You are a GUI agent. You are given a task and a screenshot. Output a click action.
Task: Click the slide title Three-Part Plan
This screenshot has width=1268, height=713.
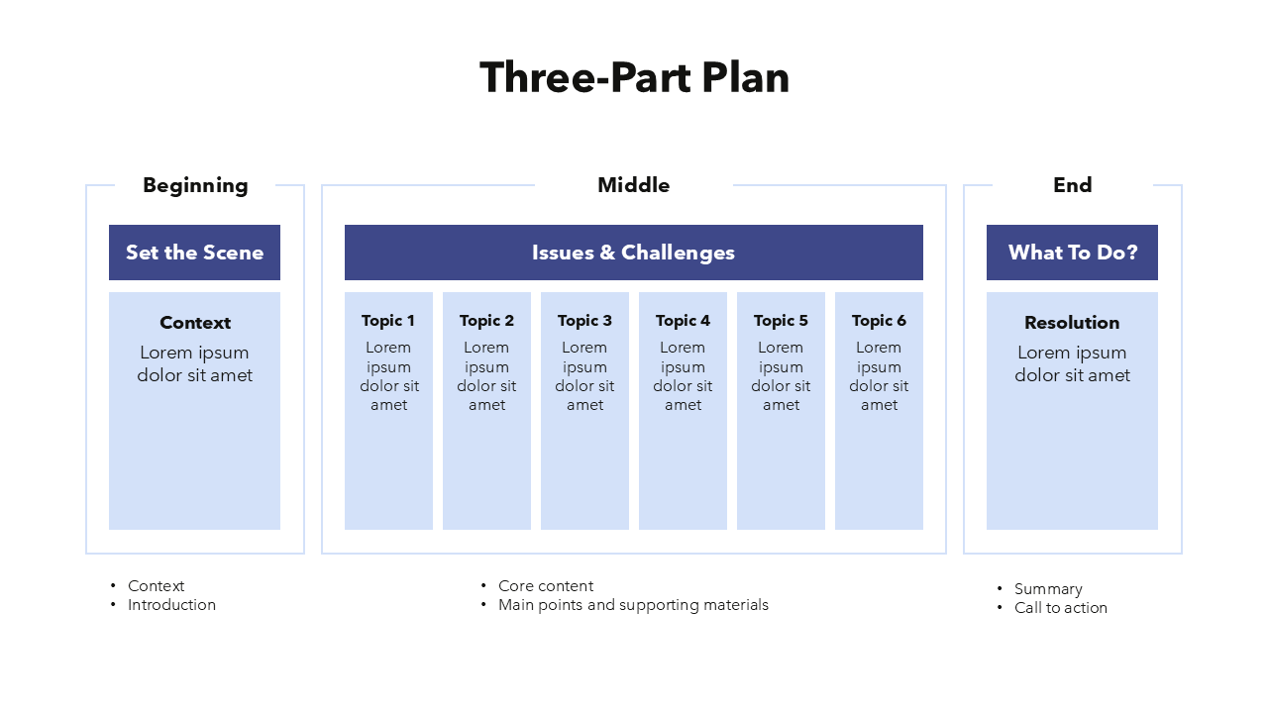[634, 78]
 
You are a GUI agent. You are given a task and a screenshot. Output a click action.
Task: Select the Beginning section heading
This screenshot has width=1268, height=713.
[195, 185]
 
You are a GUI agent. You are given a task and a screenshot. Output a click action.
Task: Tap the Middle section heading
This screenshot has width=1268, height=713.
[633, 185]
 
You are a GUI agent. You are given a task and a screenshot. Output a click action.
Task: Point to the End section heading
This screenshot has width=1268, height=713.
[1072, 185]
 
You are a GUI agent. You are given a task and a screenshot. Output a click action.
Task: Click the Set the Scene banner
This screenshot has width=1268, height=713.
[194, 253]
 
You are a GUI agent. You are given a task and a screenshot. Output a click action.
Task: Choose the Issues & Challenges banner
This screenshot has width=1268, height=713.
[633, 253]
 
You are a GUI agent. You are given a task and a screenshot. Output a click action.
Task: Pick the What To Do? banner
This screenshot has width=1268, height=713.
[1072, 253]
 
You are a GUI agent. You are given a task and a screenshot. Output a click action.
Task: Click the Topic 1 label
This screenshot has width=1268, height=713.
[388, 321]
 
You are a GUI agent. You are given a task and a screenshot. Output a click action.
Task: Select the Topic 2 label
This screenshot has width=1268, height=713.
[486, 321]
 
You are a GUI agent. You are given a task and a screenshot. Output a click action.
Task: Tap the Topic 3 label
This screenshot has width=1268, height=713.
[584, 321]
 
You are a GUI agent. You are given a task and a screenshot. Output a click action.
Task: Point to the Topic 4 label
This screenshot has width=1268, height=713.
[683, 321]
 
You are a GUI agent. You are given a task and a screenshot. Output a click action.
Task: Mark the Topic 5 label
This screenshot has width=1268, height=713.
[781, 321]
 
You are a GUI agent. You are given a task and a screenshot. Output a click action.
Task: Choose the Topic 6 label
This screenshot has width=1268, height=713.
[879, 321]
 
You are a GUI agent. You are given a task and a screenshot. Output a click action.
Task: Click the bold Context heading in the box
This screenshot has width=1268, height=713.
[195, 323]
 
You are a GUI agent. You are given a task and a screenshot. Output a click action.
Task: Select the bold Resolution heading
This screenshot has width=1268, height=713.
[1072, 323]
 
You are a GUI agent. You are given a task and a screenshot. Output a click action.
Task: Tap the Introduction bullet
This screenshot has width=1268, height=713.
[171, 605]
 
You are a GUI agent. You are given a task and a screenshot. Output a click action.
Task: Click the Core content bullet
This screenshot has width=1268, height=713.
[546, 586]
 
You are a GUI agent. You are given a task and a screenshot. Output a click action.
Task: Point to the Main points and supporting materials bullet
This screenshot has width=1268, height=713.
[633, 605]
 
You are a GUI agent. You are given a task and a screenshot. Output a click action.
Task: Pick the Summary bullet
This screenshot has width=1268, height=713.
[1048, 589]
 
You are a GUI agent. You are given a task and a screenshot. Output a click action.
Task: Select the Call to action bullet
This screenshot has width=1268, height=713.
[1060, 608]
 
